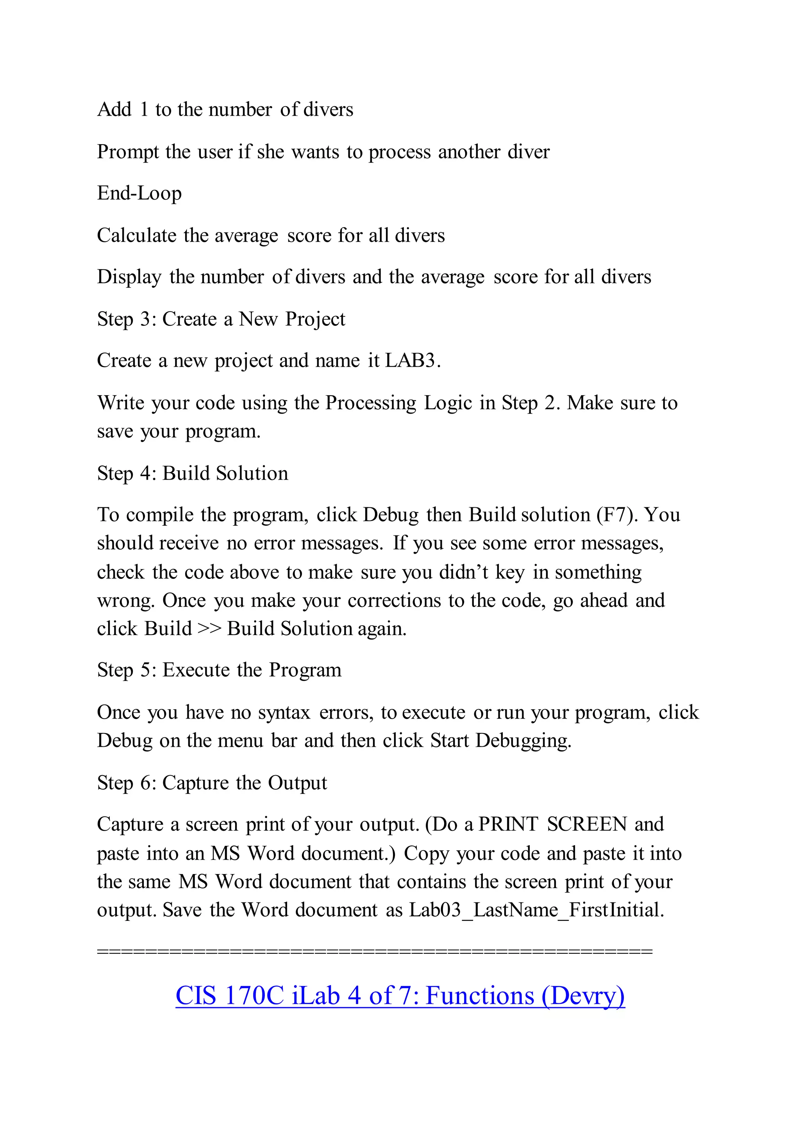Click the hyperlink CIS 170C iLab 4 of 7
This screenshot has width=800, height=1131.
tap(400, 995)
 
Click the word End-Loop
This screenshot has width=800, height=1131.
tap(139, 193)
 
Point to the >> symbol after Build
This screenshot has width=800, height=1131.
tap(209, 629)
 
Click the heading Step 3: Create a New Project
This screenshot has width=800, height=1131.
tap(221, 319)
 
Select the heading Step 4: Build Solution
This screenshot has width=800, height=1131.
tap(193, 473)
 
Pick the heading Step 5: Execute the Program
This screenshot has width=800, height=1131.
tap(219, 671)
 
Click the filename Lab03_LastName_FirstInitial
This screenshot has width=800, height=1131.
tap(536, 910)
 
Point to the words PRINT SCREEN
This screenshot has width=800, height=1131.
tap(553, 824)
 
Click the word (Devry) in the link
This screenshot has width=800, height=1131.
tap(583, 995)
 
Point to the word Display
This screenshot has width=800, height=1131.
tap(129, 277)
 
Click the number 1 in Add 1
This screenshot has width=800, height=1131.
tap(144, 109)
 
